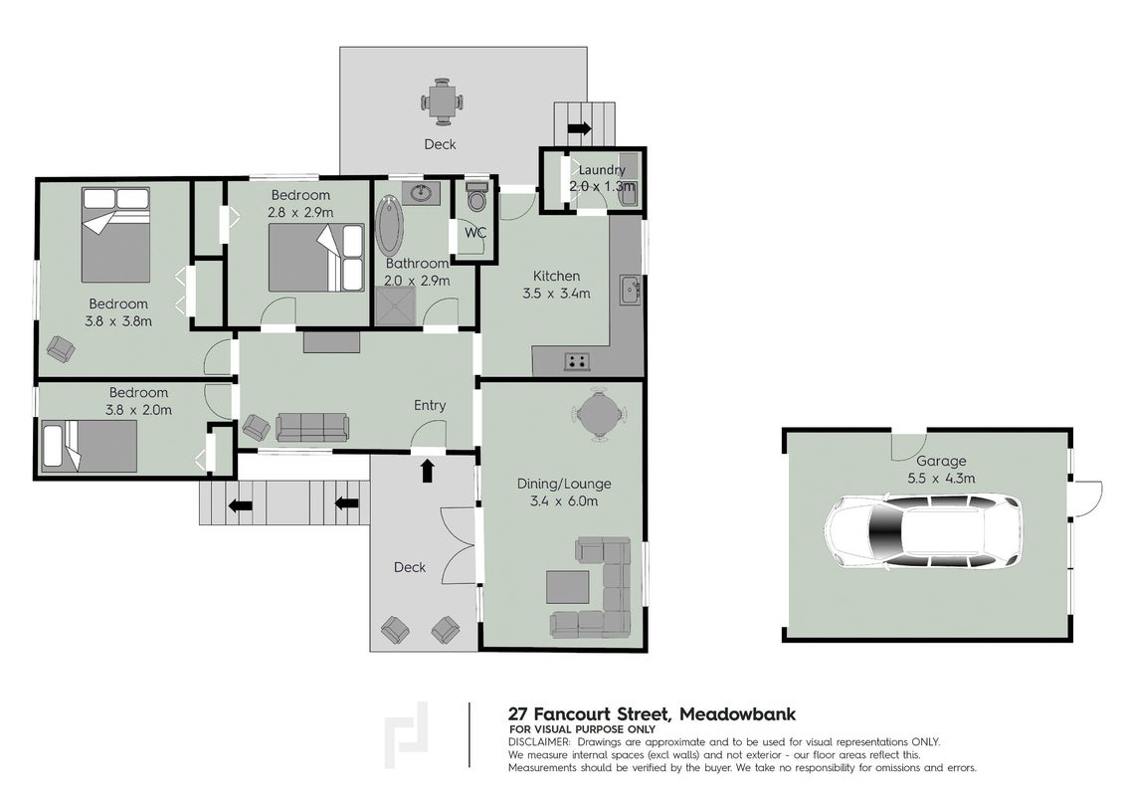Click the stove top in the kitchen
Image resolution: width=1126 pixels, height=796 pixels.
tap(577, 361)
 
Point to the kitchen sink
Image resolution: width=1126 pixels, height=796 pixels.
tap(630, 291)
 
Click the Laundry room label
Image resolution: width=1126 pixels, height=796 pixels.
tap(602, 170)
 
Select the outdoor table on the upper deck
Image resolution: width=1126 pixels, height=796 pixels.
tap(441, 101)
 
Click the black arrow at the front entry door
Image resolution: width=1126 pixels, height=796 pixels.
tap(428, 471)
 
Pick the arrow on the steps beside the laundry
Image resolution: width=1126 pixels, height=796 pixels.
tap(579, 128)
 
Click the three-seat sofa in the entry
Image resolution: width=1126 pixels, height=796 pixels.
tap(311, 428)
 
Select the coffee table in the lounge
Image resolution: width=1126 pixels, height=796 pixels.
tap(568, 587)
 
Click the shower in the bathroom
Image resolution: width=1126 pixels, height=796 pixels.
tap(396, 306)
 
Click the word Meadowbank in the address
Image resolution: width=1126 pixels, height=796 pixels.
tap(737, 714)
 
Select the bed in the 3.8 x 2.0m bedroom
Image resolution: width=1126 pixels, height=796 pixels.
tap(89, 447)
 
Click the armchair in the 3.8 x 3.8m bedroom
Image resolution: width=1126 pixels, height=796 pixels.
tap(61, 349)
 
